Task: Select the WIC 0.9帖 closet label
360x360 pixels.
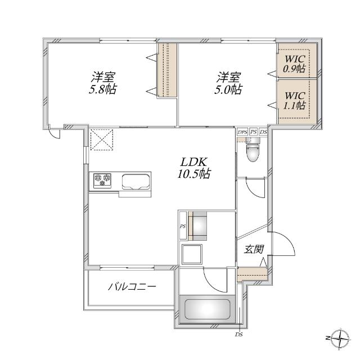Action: (x=294, y=64)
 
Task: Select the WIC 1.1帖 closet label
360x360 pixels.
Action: (x=294, y=100)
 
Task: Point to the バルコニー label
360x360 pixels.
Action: (x=132, y=287)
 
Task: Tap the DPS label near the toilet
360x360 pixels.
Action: (x=242, y=132)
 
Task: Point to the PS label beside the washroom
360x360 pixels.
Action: (x=182, y=227)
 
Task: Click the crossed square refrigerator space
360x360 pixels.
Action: (x=102, y=139)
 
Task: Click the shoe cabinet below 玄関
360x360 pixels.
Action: (x=251, y=274)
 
